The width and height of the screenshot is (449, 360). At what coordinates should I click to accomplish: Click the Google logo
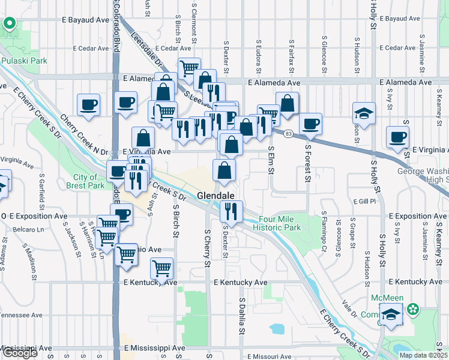pyautogui.click(x=19, y=353)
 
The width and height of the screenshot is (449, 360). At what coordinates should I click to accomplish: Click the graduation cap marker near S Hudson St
pyautogui.click(x=363, y=113)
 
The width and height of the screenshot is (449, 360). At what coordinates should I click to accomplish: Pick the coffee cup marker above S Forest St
pyautogui.click(x=310, y=124)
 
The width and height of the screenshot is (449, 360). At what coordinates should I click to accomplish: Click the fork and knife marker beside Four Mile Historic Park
pyautogui.click(x=231, y=211)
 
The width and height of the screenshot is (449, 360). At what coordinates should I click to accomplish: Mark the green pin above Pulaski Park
pyautogui.click(x=10, y=25)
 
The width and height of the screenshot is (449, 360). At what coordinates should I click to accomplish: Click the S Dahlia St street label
pyautogui.click(x=243, y=317)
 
